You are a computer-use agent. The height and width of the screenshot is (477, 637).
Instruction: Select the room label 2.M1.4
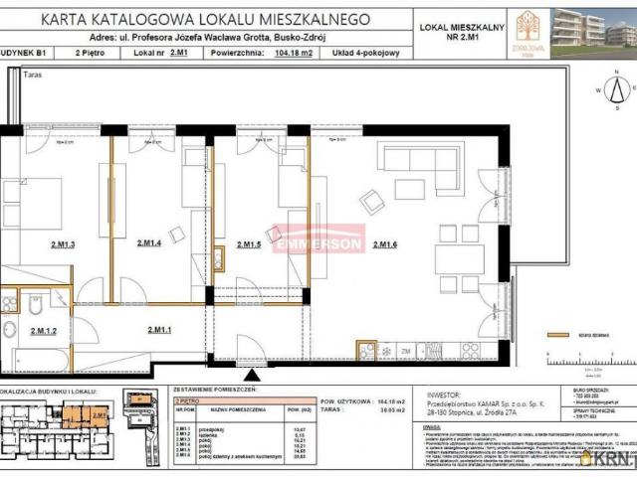(x=148, y=243)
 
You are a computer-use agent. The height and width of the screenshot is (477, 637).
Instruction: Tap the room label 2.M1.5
(x=248, y=243)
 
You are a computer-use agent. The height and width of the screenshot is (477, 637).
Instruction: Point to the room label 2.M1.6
(x=384, y=243)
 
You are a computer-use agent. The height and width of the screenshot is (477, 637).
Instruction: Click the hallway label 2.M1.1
(x=160, y=330)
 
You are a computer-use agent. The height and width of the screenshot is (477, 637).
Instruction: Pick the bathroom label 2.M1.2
(x=44, y=331)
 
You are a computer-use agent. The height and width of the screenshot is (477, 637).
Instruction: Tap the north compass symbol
(x=616, y=90)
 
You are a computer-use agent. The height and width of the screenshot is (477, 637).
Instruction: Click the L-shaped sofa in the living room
(x=408, y=161)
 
